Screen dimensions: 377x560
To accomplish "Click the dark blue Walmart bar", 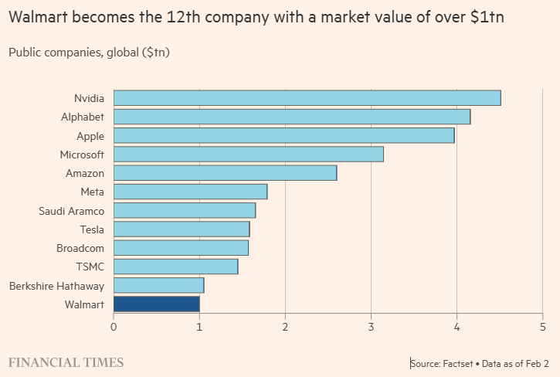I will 157,304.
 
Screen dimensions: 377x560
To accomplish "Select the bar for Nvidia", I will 307,98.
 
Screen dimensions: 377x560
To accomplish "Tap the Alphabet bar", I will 292,117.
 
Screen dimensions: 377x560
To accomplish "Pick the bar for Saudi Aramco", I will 185,211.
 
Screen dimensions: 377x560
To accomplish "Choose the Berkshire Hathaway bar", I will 159,286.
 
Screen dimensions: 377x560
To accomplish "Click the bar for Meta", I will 191,192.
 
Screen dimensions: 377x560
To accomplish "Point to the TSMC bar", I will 176,267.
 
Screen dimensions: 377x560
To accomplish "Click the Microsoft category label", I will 82,155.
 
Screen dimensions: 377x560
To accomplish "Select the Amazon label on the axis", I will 85,173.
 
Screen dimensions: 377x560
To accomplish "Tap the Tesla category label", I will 92,229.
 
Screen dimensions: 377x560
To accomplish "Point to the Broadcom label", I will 80,248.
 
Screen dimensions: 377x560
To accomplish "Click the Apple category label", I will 90,136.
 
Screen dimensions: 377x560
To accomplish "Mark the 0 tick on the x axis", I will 114,326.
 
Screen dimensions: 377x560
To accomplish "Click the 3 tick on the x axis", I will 371,326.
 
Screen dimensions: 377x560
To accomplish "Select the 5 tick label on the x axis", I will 542,326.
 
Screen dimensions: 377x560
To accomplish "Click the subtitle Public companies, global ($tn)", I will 89,53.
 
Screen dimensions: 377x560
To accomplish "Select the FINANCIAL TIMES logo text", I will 66,362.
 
